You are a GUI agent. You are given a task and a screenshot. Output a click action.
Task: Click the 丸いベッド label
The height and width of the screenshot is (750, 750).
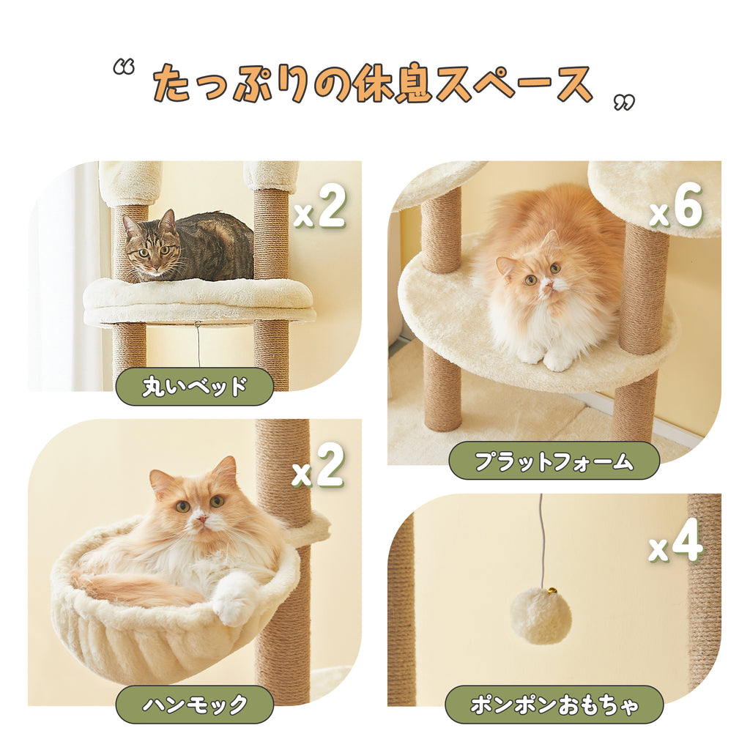194,387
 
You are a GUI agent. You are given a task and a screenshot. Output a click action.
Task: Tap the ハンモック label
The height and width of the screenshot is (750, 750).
194,705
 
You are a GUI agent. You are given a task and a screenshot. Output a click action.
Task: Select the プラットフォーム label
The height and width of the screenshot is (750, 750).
554,461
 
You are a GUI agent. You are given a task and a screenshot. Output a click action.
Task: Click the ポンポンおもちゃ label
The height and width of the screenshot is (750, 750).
554,705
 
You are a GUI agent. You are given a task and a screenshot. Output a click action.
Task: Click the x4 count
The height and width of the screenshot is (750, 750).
675,543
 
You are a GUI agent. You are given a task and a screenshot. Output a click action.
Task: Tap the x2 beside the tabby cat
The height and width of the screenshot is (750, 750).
319,209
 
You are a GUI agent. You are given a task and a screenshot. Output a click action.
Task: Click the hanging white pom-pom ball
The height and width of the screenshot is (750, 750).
541,616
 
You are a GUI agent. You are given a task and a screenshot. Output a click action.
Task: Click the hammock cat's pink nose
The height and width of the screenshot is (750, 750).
200,518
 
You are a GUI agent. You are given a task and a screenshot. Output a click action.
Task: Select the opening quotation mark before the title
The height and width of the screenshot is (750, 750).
124,68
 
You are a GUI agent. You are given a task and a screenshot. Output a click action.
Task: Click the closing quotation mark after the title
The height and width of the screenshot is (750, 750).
624,103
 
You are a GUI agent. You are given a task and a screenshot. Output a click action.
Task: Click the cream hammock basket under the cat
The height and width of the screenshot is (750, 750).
146,637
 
